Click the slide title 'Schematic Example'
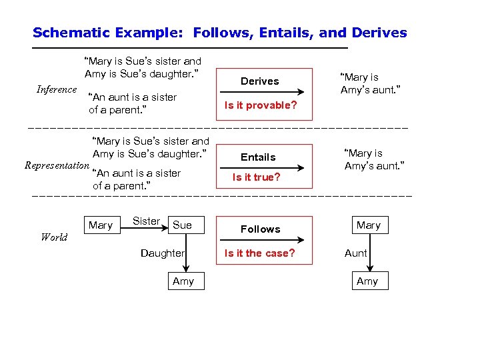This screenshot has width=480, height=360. click(x=219, y=33)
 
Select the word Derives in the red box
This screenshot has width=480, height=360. click(x=259, y=81)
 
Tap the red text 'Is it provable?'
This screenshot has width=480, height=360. click(x=260, y=105)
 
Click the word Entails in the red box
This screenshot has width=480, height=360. click(x=258, y=157)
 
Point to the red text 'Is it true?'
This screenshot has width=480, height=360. click(x=256, y=177)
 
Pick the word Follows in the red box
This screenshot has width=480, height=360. click(x=260, y=229)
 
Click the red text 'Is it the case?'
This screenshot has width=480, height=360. click(x=259, y=253)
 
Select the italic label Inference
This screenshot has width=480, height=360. click(x=56, y=90)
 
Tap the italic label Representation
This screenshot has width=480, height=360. click(x=56, y=165)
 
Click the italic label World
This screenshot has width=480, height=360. click(x=54, y=237)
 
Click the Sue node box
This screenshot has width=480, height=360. click(x=182, y=225)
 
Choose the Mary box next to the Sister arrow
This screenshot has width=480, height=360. click(x=101, y=225)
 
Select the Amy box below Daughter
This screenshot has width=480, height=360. click(x=183, y=281)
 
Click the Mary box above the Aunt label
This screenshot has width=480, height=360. click(x=368, y=225)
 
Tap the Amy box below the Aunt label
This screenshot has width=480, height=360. click(x=367, y=281)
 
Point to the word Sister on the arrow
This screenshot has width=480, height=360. click(x=146, y=221)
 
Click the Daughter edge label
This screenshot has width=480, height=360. click(x=162, y=253)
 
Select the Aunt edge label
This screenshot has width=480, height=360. click(x=355, y=253)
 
